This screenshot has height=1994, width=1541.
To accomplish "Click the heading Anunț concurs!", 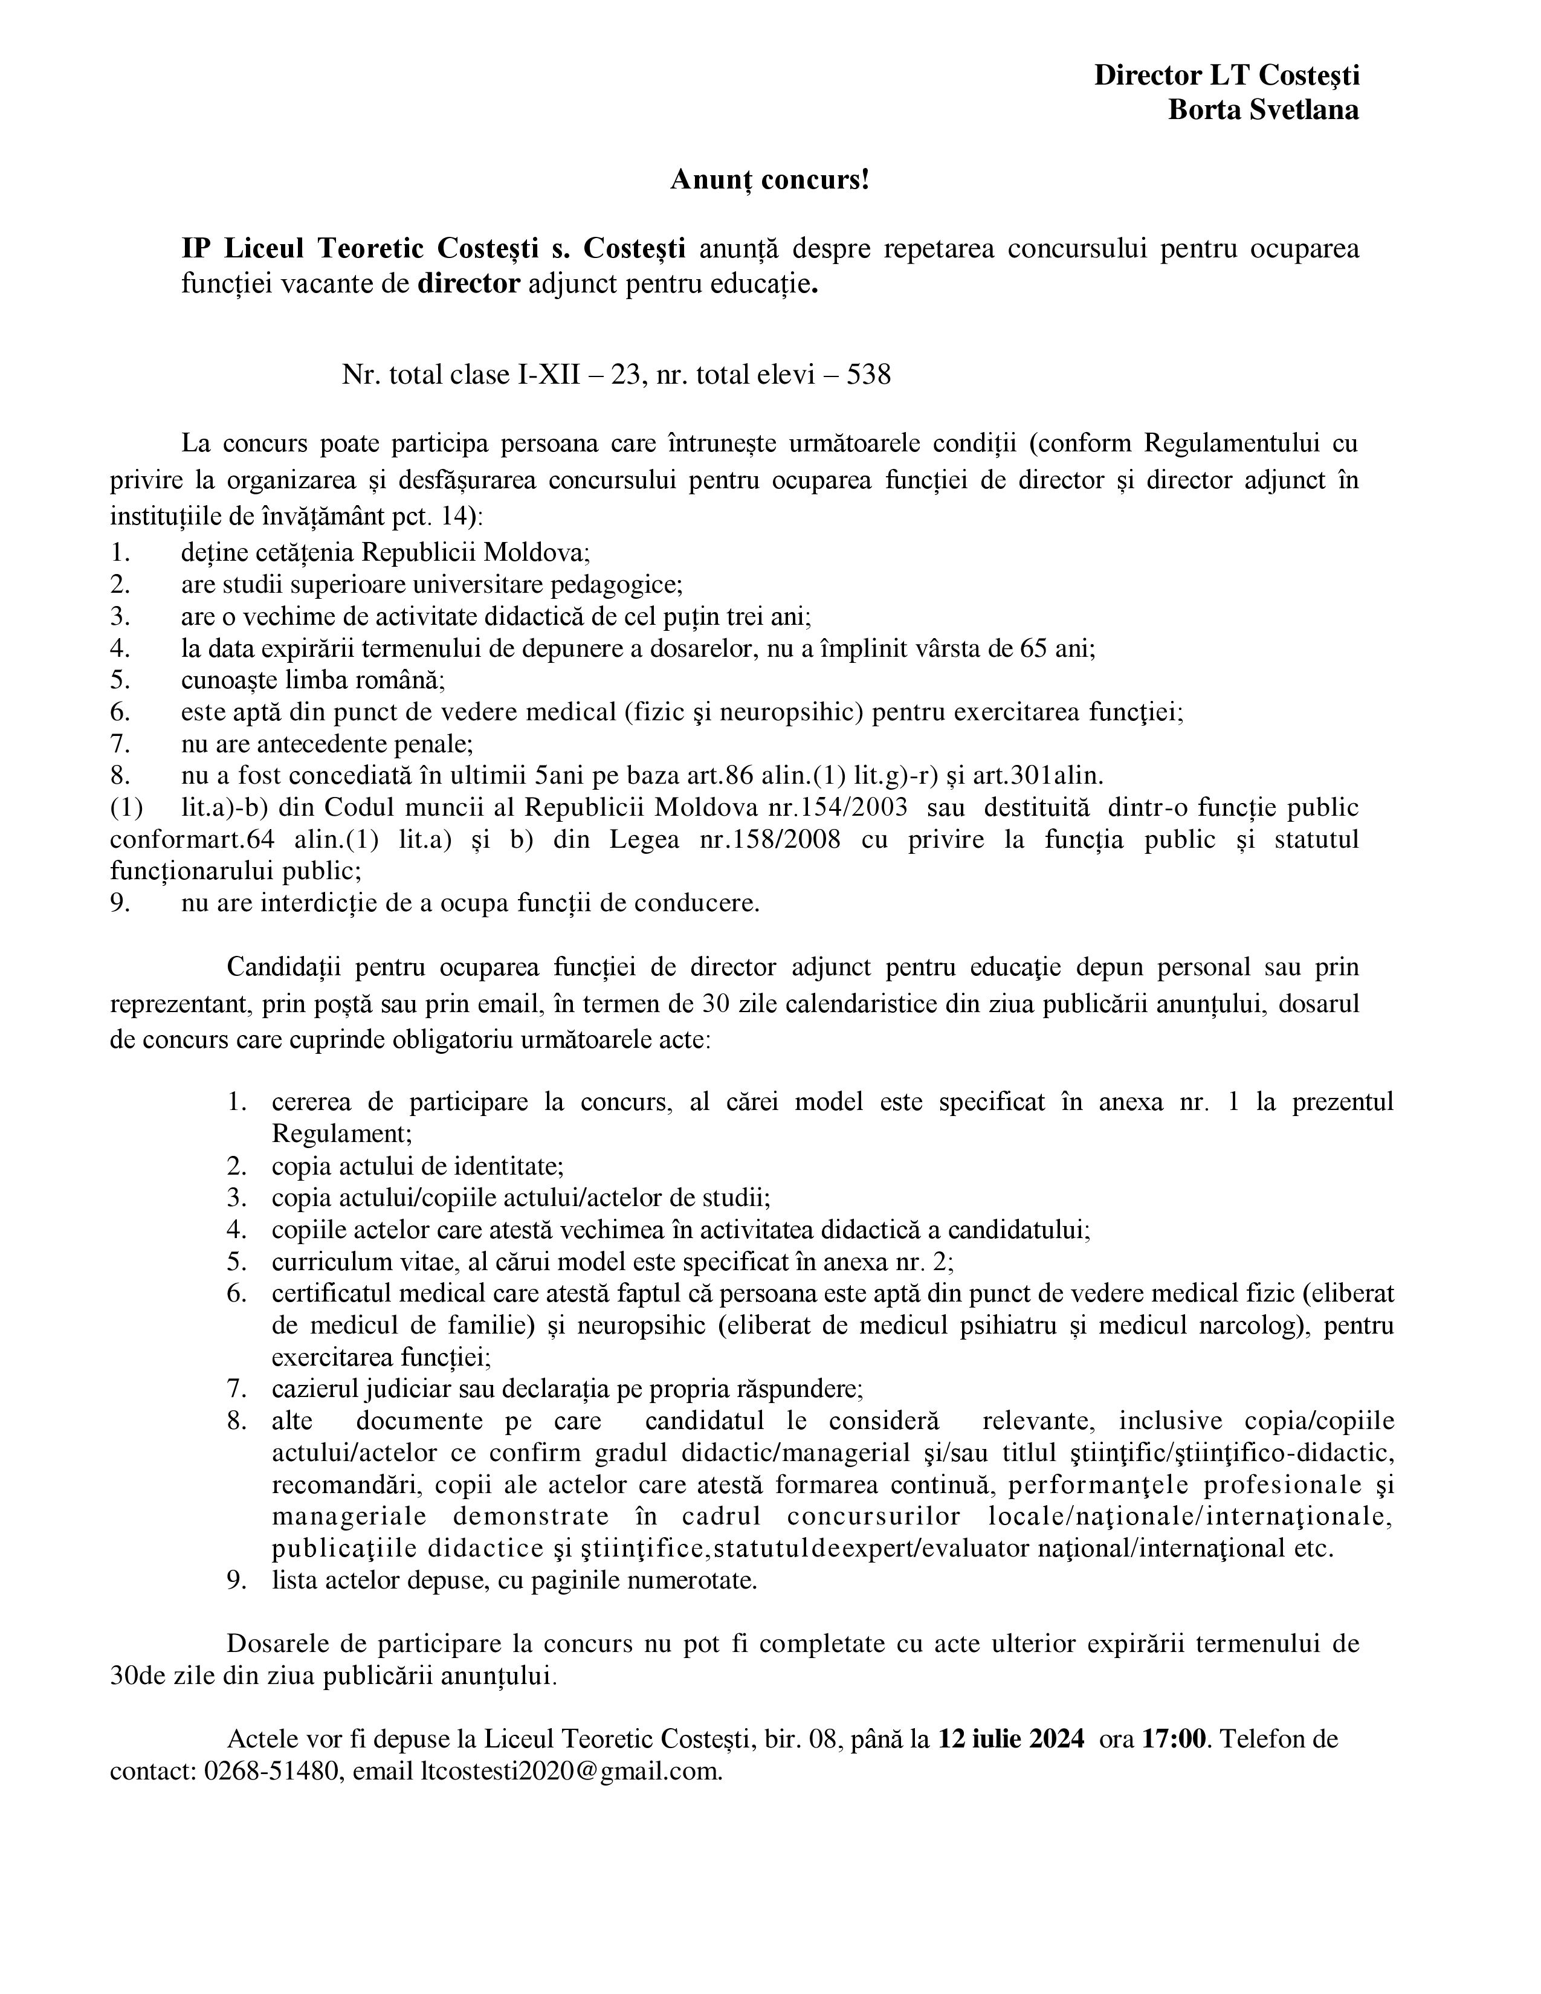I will click(769, 180).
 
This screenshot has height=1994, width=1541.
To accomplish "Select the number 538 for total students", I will click(868, 375).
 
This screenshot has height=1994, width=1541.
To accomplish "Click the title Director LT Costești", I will click(1226, 75).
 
